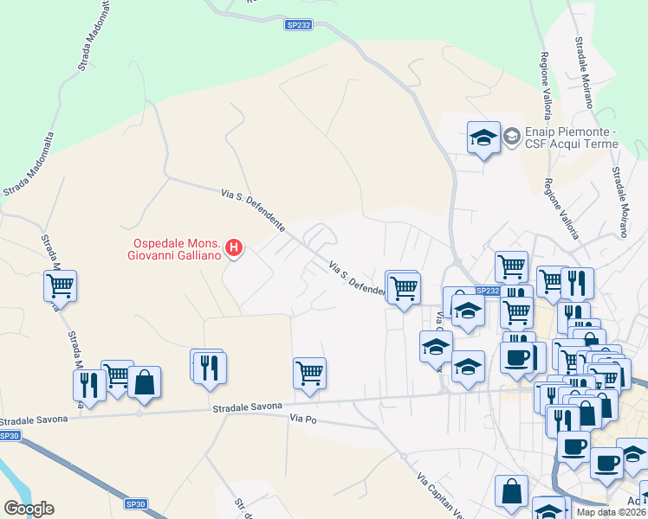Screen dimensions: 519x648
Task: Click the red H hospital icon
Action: (x=233, y=249)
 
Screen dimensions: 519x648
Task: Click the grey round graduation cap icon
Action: (x=511, y=136)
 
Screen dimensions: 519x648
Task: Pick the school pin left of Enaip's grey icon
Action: (x=483, y=137)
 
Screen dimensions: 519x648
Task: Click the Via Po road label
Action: (x=301, y=419)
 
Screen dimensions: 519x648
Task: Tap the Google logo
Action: (x=29, y=509)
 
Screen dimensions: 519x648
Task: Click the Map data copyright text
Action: (x=612, y=512)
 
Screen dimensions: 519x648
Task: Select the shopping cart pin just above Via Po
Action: (x=309, y=373)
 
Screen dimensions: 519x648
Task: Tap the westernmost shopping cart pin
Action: (x=60, y=285)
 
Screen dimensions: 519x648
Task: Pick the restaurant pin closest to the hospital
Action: (x=209, y=366)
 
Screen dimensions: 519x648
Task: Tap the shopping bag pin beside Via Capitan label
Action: (x=511, y=490)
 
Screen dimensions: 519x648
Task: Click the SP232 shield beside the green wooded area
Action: (x=298, y=25)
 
